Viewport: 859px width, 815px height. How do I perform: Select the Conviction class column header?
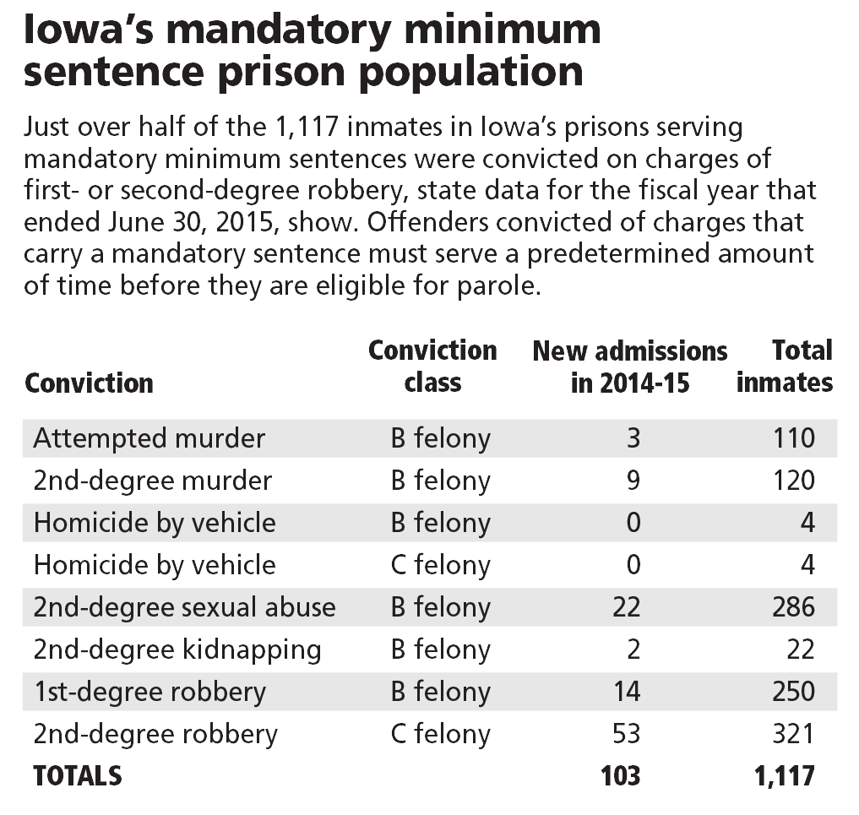point(432,367)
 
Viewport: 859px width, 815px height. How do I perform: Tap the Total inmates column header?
point(785,367)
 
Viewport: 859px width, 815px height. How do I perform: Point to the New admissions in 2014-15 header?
point(629,367)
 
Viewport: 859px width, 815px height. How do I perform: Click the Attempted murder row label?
point(149,438)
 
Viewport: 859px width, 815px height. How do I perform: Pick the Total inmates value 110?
point(793,438)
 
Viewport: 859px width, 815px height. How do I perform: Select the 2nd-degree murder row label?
point(152,481)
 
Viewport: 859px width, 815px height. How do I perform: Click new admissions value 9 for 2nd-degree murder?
point(633,481)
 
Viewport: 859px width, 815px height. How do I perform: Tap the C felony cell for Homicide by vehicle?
point(440,565)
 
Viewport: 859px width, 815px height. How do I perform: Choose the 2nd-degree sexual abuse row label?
point(184,607)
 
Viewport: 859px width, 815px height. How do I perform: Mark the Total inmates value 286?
point(793,607)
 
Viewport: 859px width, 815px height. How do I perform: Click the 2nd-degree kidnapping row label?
point(177,649)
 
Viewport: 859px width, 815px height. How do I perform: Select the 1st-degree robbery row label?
point(150,692)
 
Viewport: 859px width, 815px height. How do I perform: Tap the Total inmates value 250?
point(793,692)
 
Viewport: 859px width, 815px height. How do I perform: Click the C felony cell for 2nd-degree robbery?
point(440,734)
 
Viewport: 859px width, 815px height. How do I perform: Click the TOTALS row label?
point(77,775)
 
